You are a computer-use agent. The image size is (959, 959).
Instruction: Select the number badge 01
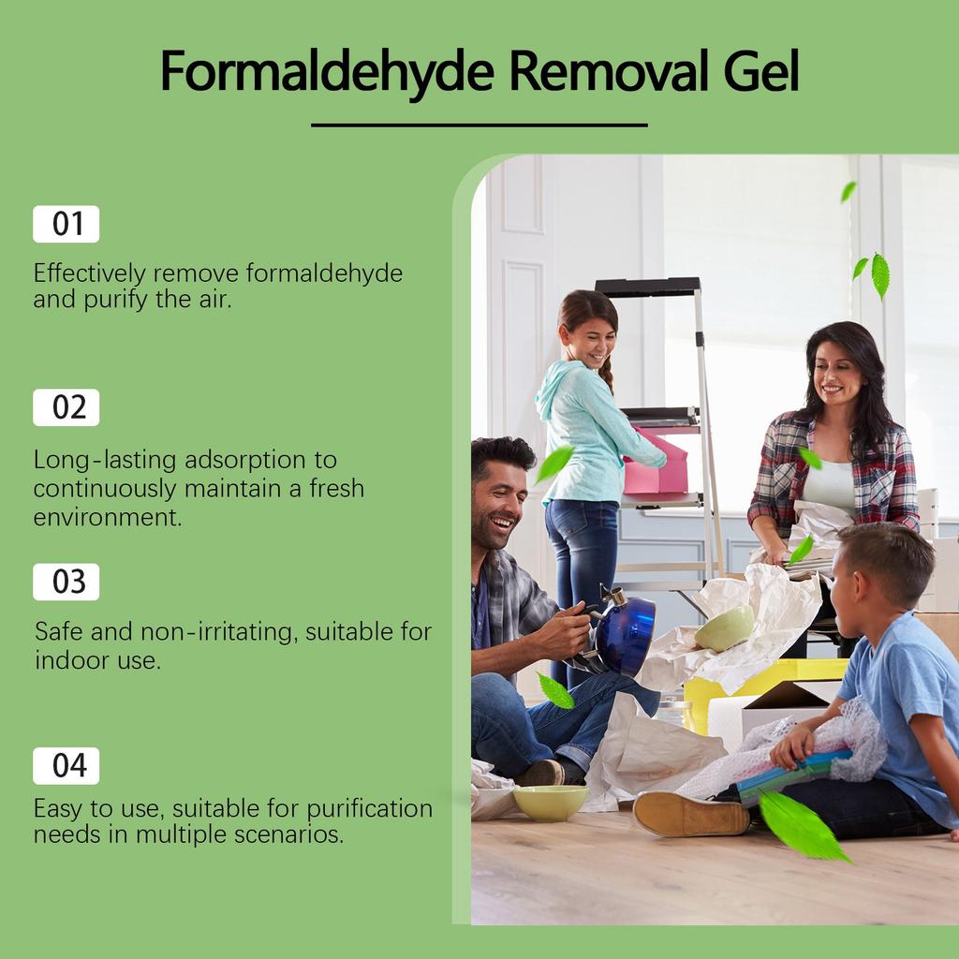tap(66, 225)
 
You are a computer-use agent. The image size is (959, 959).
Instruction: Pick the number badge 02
tap(66, 408)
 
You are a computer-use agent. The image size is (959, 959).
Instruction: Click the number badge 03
tap(66, 583)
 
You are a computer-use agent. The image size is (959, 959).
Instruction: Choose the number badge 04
tap(66, 766)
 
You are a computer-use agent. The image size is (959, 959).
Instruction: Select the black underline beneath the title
tap(479, 125)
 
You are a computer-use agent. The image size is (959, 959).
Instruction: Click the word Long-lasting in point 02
tap(103, 461)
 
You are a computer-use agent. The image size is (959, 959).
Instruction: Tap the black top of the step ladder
tap(648, 287)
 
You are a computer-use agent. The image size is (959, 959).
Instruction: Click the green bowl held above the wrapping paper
tap(724, 627)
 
